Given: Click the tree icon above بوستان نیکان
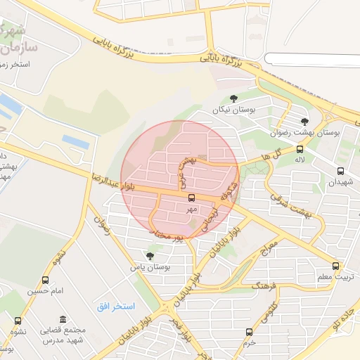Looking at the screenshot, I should click(x=234, y=98).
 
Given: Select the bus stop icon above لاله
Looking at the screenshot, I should click(x=300, y=149).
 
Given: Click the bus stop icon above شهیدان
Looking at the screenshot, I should click(x=341, y=170).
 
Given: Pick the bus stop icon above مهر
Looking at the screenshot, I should click(x=192, y=198).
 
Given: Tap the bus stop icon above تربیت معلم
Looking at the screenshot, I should click(x=335, y=266).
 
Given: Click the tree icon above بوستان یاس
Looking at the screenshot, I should click(x=149, y=256).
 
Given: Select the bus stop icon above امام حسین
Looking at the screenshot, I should click(x=46, y=281).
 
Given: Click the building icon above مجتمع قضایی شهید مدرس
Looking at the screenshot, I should click(x=63, y=319).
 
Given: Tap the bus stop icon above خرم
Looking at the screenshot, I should click(x=249, y=332).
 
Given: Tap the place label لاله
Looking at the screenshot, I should click(x=300, y=160).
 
